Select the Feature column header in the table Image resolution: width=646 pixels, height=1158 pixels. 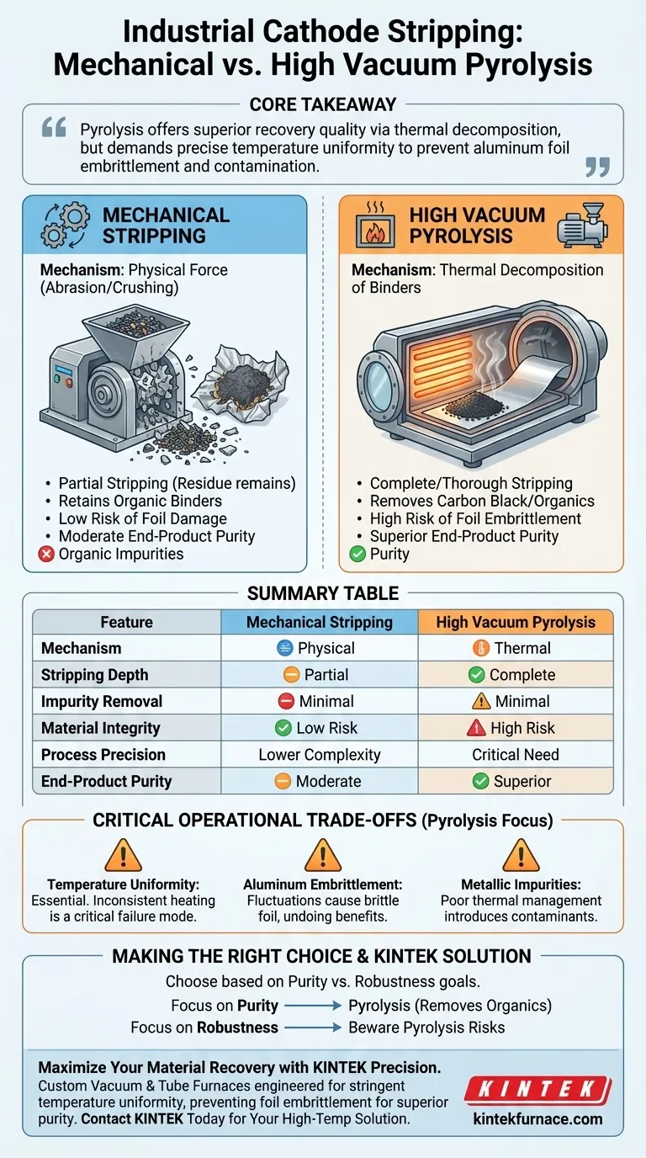[x=126, y=622]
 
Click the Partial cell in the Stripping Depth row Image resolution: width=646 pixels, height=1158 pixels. [x=319, y=675]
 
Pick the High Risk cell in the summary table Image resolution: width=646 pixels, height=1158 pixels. [x=515, y=728]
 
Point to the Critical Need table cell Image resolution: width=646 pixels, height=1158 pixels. [x=515, y=755]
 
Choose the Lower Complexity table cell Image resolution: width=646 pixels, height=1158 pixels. [x=319, y=755]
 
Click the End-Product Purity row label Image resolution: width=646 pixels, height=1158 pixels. [x=106, y=782]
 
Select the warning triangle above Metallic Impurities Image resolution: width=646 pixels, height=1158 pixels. [x=521, y=856]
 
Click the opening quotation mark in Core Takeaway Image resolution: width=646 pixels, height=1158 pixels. [x=54, y=128]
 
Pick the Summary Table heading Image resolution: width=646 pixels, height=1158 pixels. [x=323, y=593]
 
